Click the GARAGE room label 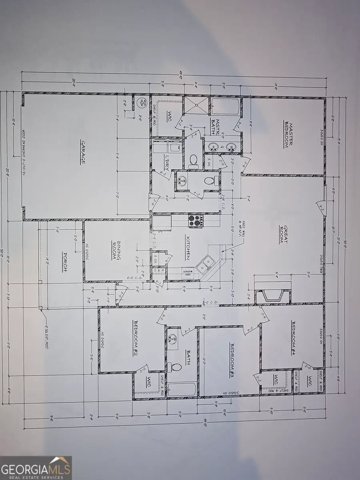pyautogui.click(x=83, y=152)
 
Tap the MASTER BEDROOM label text pyautogui.click(x=289, y=135)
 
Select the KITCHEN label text pyautogui.click(x=187, y=247)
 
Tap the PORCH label pyautogui.click(x=65, y=262)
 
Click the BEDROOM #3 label pyautogui.click(x=232, y=360)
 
